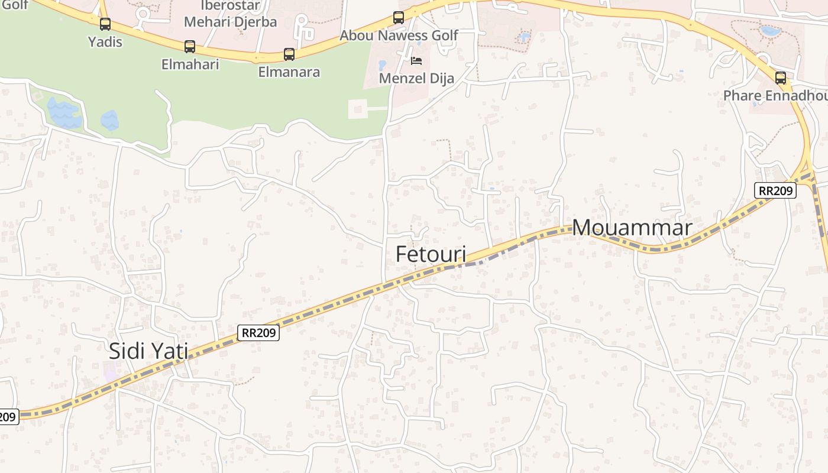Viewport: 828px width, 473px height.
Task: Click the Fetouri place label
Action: pyautogui.click(x=431, y=254)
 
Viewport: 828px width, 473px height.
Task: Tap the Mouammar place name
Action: pyautogui.click(x=632, y=228)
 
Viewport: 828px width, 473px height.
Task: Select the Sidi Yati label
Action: pyautogui.click(x=148, y=351)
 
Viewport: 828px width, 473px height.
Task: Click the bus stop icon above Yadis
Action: pyautogui.click(x=105, y=24)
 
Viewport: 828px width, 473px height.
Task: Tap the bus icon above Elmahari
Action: pyautogui.click(x=190, y=46)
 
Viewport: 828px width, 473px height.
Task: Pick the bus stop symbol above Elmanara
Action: pyautogui.click(x=289, y=54)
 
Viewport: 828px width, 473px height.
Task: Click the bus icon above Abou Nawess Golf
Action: pyautogui.click(x=399, y=18)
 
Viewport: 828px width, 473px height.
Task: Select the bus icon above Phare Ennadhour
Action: pyautogui.click(x=781, y=77)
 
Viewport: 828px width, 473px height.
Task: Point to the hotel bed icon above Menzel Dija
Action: pyautogui.click(x=416, y=61)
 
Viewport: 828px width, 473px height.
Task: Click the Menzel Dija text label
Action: pyautogui.click(x=416, y=78)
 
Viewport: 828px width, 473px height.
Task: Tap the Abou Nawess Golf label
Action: pyautogui.click(x=399, y=35)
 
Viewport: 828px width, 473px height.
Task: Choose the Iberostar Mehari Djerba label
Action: pyautogui.click(x=230, y=14)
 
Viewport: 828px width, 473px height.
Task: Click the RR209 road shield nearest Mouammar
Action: pyautogui.click(x=775, y=190)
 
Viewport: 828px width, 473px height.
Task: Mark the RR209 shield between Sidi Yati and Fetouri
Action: pyautogui.click(x=258, y=333)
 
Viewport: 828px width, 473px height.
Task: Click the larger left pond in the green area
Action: pyautogui.click(x=64, y=114)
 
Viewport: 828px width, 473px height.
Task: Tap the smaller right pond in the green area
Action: pyautogui.click(x=109, y=120)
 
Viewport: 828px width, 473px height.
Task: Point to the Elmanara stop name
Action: pyautogui.click(x=289, y=72)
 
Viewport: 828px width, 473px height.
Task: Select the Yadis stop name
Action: pyautogui.click(x=105, y=42)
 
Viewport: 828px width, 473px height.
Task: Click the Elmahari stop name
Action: pyautogui.click(x=190, y=64)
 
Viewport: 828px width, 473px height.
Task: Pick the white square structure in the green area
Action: pyautogui.click(x=358, y=109)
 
